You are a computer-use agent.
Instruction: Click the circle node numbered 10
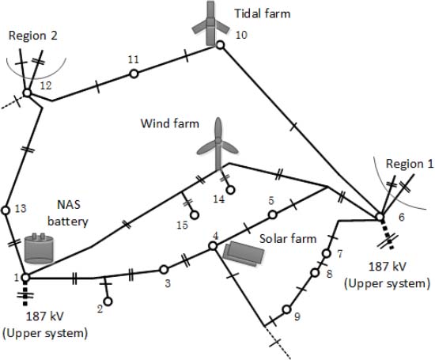[x=220, y=44]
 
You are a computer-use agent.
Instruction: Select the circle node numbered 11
[x=134, y=74]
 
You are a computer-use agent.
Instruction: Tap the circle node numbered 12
[x=27, y=93]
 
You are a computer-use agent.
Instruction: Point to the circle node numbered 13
[x=6, y=210]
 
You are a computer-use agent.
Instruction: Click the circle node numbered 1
[x=25, y=277]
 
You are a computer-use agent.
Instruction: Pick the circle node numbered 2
[x=108, y=301]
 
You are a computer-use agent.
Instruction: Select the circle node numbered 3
[x=164, y=269]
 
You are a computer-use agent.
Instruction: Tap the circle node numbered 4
[x=213, y=245]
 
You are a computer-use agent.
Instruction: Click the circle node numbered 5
[x=272, y=214]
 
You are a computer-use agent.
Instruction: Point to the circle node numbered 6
[x=380, y=217]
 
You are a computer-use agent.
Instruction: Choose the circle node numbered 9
[x=286, y=309]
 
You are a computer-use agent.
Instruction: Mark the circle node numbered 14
[x=230, y=190]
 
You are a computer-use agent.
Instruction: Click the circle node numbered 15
[x=195, y=215]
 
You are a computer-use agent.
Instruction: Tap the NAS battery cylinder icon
[x=39, y=248]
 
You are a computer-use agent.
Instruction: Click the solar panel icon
[x=244, y=254]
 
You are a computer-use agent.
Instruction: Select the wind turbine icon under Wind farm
[x=218, y=144]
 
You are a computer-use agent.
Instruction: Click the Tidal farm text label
[x=263, y=13]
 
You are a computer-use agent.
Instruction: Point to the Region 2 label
[x=32, y=36]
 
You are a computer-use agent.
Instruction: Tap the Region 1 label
[x=410, y=164]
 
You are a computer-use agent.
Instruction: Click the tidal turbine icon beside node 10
[x=211, y=24]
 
